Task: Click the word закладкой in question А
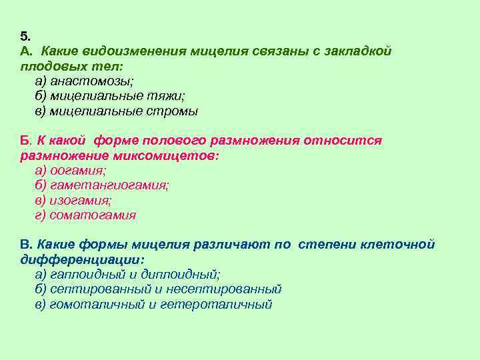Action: coord(358,51)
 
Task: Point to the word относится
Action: coord(343,141)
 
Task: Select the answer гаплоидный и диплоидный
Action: coord(127,274)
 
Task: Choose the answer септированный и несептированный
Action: coord(157,289)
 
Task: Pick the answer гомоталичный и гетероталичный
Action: coord(153,305)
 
